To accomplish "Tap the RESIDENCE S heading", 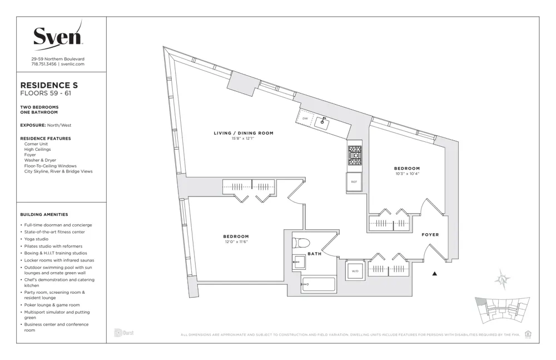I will (x=49, y=85).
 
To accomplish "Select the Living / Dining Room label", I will (x=244, y=133).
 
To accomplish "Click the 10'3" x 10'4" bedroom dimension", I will (x=406, y=174).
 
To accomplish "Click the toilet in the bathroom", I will (x=301, y=243).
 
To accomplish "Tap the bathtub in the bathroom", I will (x=318, y=284).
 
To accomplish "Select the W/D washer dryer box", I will (x=355, y=272).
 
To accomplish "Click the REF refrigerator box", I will (x=354, y=181).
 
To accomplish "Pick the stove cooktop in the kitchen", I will (x=354, y=155).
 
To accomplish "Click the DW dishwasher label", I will (x=305, y=119).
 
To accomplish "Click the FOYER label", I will (x=430, y=235).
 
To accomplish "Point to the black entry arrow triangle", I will (x=435, y=274).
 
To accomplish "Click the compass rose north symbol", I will (x=503, y=280).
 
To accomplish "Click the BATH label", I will (x=315, y=254).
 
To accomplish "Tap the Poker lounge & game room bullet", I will (x=52, y=305).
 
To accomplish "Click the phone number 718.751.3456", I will (x=44, y=64).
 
